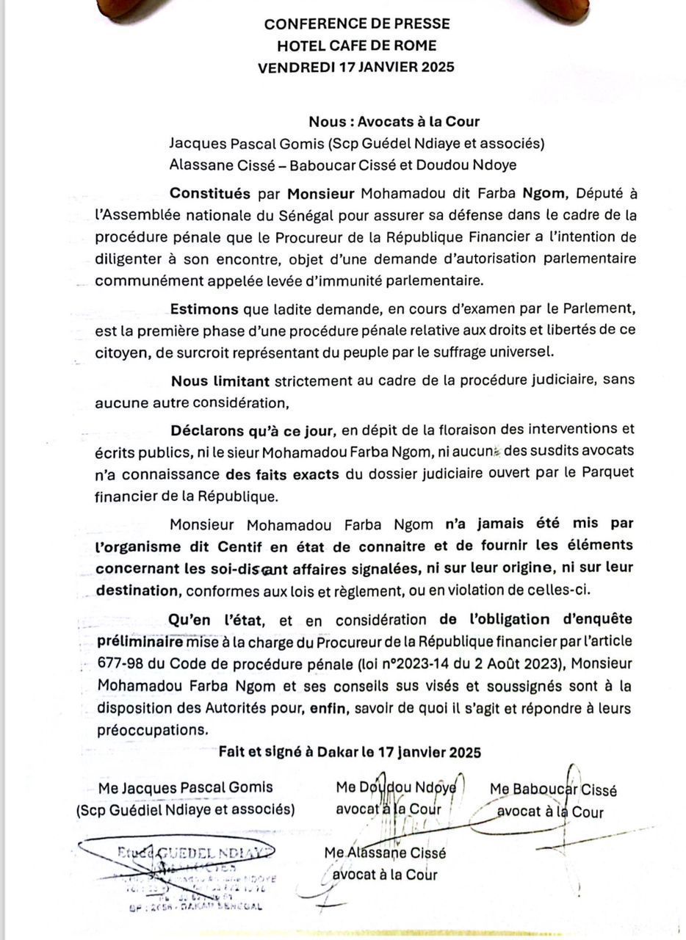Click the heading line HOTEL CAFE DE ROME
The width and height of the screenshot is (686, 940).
[357, 46]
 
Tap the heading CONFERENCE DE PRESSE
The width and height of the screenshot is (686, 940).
[357, 23]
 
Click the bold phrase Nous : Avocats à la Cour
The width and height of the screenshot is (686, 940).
[394, 122]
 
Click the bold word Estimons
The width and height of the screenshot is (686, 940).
[204, 310]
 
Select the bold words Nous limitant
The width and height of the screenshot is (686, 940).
[221, 381]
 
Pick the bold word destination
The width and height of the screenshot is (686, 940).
[137, 590]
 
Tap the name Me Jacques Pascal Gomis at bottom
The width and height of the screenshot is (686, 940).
[186, 787]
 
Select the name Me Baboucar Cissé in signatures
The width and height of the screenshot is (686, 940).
[552, 791]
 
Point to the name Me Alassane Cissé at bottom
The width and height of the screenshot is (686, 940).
[385, 853]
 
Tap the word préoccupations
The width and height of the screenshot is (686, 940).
[152, 730]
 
